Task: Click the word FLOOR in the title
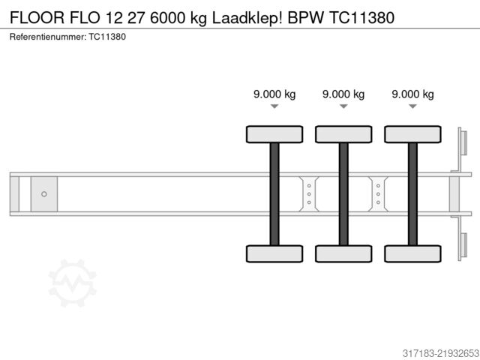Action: (x=37, y=17)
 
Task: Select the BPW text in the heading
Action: (x=305, y=17)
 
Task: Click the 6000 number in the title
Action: (x=167, y=17)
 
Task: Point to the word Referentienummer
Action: (x=48, y=37)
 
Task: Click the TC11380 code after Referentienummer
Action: (x=107, y=37)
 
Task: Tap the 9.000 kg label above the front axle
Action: (x=274, y=94)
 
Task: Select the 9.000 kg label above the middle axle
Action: (x=343, y=94)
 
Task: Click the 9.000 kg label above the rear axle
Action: (x=412, y=94)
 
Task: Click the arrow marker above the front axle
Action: (x=274, y=106)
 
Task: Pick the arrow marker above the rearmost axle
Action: (x=412, y=106)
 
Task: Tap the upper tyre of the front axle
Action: (x=274, y=134)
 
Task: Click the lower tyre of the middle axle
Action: (x=343, y=253)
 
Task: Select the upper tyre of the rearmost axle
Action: (x=412, y=134)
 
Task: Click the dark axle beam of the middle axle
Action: (x=343, y=194)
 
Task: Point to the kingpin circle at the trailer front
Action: (x=44, y=194)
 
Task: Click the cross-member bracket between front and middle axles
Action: (x=309, y=194)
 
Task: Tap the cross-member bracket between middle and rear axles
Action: (x=378, y=194)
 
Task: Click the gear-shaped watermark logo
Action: (x=73, y=283)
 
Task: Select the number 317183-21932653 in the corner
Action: (x=441, y=353)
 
